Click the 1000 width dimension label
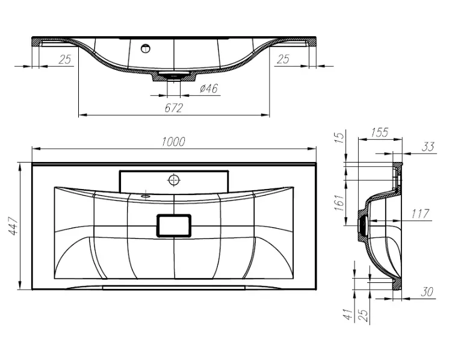point(173,142)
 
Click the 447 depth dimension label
point(13,226)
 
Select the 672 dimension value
point(174,108)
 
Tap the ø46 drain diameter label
point(209,88)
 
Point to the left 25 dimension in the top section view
point(65,60)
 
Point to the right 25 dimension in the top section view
point(283,59)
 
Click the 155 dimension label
point(379,132)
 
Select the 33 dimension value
point(428,147)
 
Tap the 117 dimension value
point(420,214)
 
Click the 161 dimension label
point(340,202)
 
